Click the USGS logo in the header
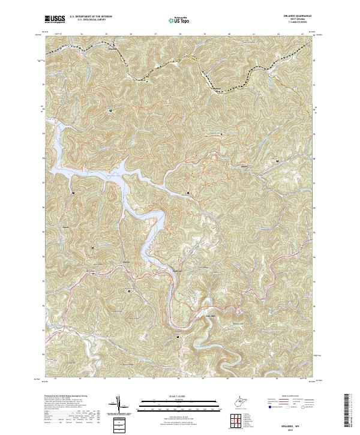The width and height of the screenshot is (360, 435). [55, 19]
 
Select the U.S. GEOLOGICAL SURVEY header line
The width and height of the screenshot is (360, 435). [91, 20]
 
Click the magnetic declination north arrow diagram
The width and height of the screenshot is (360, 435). [118, 404]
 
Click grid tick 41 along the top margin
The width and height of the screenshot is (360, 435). [253, 34]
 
